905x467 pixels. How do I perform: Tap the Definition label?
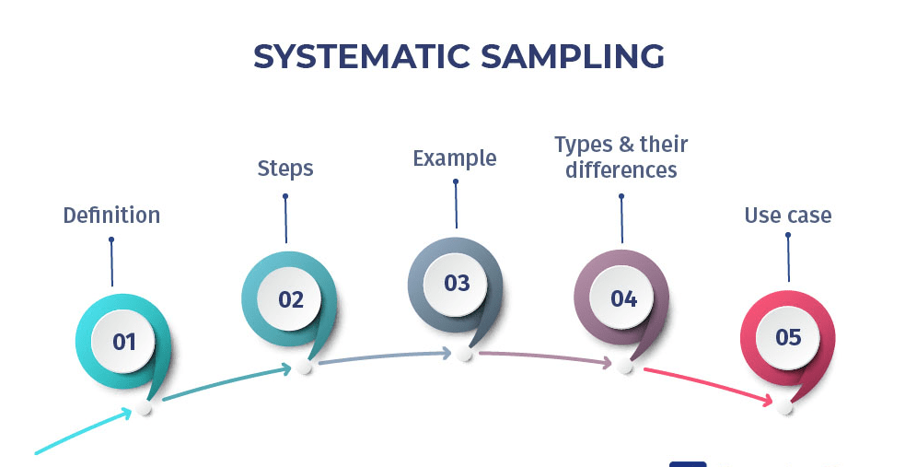pos(111,216)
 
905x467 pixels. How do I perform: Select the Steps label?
pos(285,169)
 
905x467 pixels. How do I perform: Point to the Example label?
pos(455,158)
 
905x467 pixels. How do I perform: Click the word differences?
pos(621,170)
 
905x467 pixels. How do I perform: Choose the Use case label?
pos(788,216)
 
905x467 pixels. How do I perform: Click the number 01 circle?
pos(124,342)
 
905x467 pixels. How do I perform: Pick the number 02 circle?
pos(291,299)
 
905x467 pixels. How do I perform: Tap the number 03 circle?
pos(458,283)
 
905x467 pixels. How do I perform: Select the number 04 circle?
pos(623,299)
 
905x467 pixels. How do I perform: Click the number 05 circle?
pos(789,337)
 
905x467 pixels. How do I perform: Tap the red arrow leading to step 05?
pos(709,384)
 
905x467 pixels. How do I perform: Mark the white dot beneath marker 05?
pos(784,406)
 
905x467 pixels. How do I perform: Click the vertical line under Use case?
pos(789,259)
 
